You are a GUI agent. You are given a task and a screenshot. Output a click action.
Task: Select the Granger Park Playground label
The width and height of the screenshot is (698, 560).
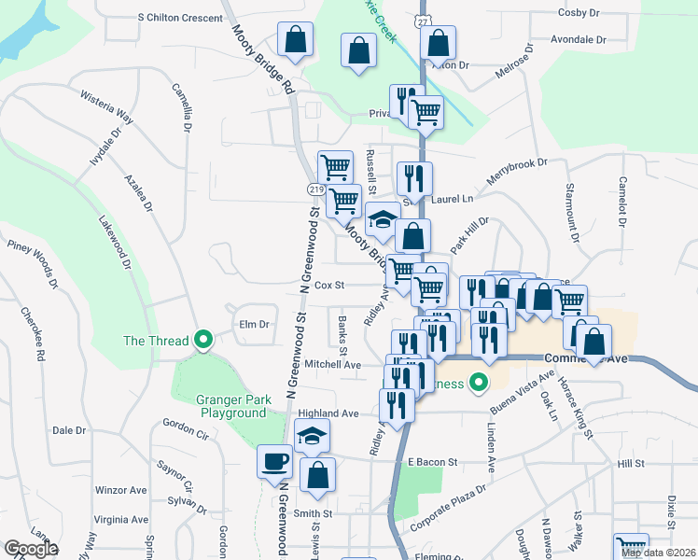[x=232, y=406]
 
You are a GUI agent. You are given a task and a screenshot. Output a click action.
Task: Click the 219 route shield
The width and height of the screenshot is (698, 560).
[x=315, y=189]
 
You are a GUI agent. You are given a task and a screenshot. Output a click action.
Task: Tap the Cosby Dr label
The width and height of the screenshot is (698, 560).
[x=579, y=12]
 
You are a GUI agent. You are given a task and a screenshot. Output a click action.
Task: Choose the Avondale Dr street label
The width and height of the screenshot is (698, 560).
[x=579, y=41]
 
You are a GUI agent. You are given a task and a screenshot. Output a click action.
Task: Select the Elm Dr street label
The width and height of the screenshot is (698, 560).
[x=254, y=325]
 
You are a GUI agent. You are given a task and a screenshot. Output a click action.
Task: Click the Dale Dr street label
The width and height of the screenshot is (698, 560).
[x=69, y=430]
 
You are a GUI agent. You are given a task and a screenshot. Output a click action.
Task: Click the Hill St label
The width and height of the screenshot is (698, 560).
[x=631, y=464]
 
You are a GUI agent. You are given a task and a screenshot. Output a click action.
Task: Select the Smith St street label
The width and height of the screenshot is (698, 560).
[x=314, y=513]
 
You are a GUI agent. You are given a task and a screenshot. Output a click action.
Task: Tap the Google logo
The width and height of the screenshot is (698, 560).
[x=31, y=549]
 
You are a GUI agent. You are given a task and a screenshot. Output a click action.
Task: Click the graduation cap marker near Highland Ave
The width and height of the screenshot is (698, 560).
[x=313, y=436]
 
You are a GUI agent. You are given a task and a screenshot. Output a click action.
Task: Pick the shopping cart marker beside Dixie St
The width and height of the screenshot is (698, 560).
[x=631, y=547]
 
